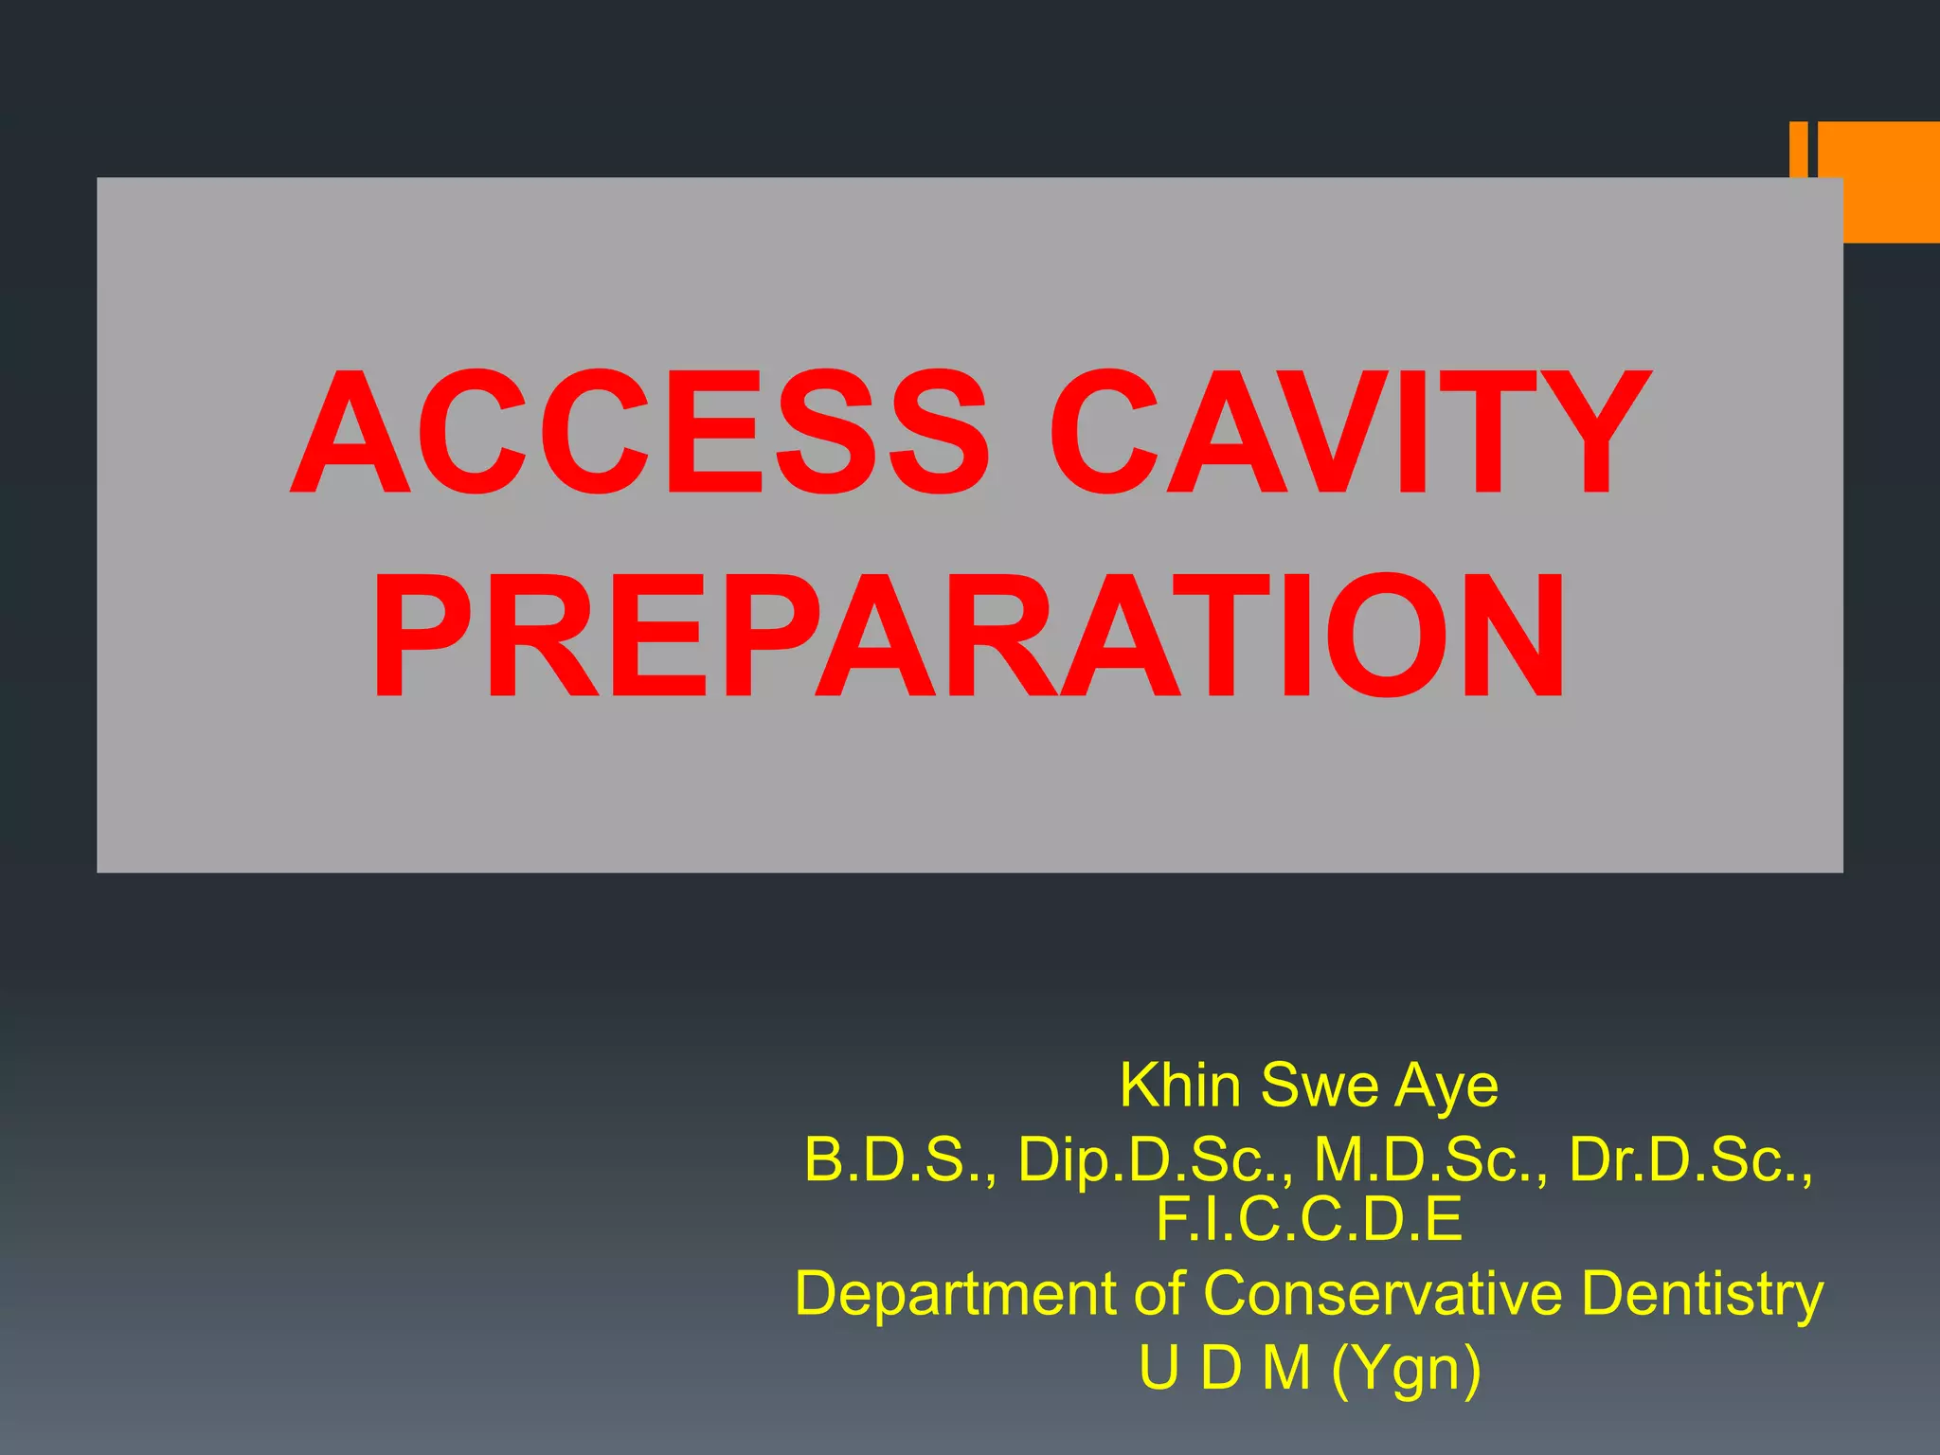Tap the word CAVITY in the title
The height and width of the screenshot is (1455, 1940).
(x=1349, y=433)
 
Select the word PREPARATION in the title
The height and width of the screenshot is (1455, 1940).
(x=968, y=636)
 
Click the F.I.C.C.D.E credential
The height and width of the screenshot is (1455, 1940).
(x=1309, y=1219)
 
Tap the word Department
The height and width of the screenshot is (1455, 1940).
(x=956, y=1295)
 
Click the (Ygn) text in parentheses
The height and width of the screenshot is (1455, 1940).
(x=1406, y=1369)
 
